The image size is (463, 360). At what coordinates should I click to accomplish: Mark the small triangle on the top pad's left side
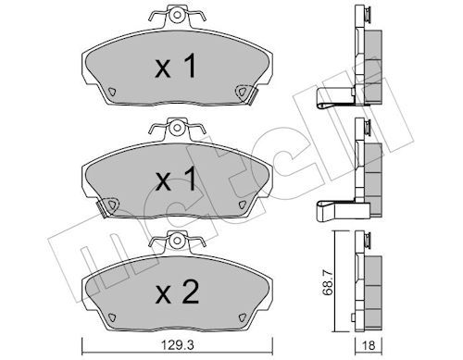tap(109, 92)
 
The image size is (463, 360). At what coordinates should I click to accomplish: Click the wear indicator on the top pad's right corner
tap(244, 91)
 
